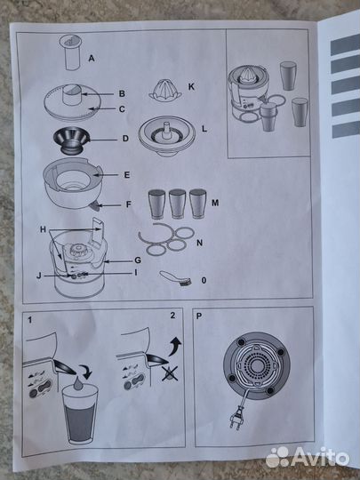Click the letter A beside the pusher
(92, 58)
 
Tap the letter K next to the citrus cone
(191, 87)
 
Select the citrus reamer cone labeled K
(165, 90)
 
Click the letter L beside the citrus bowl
(204, 129)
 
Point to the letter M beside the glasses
(215, 203)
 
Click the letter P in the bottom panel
(199, 316)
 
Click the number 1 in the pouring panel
(29, 320)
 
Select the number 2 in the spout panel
(173, 316)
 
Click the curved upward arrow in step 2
(175, 346)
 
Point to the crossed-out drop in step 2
(170, 373)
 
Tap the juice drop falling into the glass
(78, 383)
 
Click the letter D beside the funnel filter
(125, 139)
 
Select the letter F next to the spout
(129, 204)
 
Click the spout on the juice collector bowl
(94, 207)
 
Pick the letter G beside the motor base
(138, 260)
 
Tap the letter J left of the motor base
(39, 276)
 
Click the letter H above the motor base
(44, 229)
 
